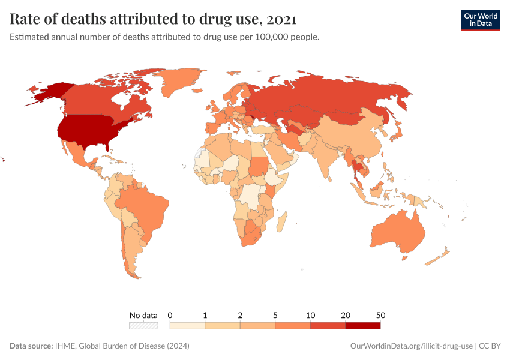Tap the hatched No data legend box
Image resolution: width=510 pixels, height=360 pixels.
(143, 325)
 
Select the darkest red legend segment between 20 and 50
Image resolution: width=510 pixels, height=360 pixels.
(362, 325)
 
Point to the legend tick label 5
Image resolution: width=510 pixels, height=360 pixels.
(275, 315)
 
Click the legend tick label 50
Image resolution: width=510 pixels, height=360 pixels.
(380, 315)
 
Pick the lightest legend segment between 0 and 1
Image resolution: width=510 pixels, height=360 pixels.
(188, 325)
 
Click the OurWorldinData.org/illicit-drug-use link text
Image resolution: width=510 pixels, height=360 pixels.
(411, 346)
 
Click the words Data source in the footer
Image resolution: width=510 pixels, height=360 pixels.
(31, 346)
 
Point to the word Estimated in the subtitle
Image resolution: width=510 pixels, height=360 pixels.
(30, 37)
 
